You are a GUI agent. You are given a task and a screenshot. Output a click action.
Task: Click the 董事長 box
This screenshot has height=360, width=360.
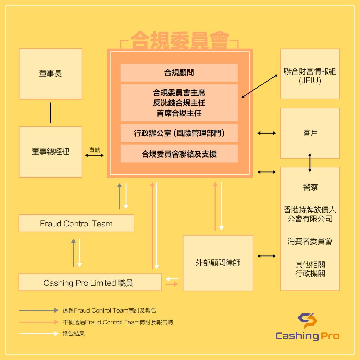(x=50, y=74)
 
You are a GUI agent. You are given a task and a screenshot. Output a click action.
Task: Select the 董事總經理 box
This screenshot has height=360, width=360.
(x=50, y=152)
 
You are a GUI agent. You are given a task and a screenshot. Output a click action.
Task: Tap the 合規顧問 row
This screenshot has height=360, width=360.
(x=179, y=73)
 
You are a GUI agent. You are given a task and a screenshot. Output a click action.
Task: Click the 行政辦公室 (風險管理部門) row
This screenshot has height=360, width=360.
(x=179, y=133)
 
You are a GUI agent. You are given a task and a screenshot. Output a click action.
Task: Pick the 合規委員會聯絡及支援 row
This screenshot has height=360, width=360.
(x=179, y=154)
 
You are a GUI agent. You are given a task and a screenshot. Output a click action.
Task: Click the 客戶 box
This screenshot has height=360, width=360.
(x=310, y=133)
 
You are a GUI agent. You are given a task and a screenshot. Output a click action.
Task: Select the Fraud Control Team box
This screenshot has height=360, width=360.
(x=76, y=224)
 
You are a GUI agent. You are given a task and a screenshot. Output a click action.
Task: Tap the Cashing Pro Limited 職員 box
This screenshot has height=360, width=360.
(x=90, y=283)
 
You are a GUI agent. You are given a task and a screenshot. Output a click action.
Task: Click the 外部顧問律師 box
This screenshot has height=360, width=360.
(x=218, y=263)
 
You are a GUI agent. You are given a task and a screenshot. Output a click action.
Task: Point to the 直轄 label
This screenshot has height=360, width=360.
(x=94, y=149)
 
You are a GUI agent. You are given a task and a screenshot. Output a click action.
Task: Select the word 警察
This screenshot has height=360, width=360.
(x=310, y=187)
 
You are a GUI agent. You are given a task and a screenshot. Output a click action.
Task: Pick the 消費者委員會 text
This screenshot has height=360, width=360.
(x=310, y=242)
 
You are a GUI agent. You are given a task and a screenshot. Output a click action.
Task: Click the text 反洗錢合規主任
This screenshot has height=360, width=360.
(x=179, y=103)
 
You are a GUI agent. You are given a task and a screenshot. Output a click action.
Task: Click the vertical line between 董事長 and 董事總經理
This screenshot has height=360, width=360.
(x=51, y=113)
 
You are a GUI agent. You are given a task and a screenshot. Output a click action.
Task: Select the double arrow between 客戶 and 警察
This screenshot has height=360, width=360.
(x=310, y=162)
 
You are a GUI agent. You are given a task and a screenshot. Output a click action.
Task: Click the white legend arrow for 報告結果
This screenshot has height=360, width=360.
(x=39, y=334)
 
